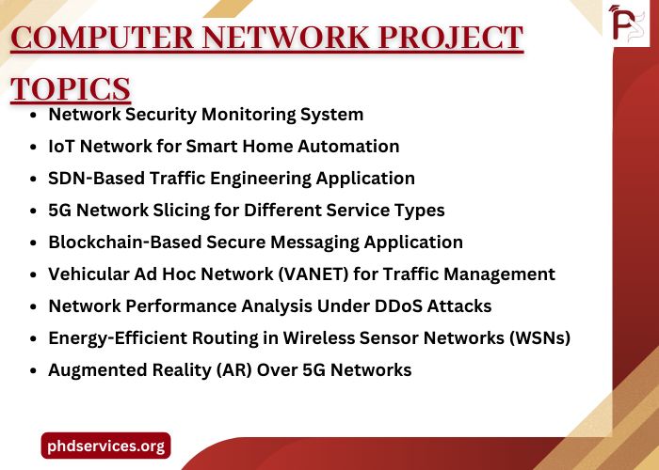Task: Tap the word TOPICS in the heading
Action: click(x=71, y=88)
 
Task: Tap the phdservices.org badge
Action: click(x=105, y=446)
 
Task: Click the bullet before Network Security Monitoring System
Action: click(x=35, y=116)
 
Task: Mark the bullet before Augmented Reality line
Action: click(x=35, y=371)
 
